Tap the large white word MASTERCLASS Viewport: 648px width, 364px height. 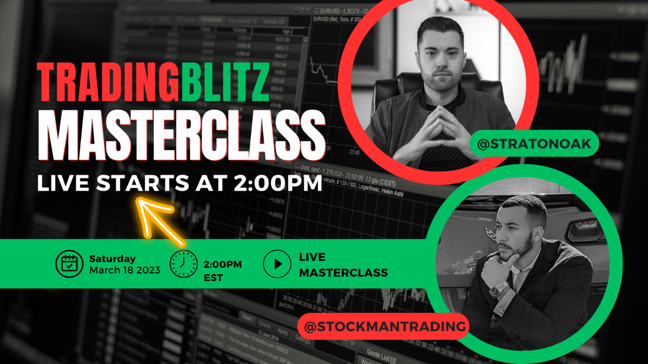(181, 136)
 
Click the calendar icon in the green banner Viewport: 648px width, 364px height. (69, 264)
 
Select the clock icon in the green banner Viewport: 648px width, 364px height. (183, 264)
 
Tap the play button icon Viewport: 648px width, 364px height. (277, 264)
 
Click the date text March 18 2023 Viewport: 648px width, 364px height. (125, 270)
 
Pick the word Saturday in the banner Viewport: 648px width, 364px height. (112, 258)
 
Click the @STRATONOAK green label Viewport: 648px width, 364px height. (534, 144)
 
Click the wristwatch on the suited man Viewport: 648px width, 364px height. (499, 289)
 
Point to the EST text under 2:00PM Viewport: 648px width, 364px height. (213, 278)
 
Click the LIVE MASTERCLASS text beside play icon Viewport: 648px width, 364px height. (343, 265)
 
